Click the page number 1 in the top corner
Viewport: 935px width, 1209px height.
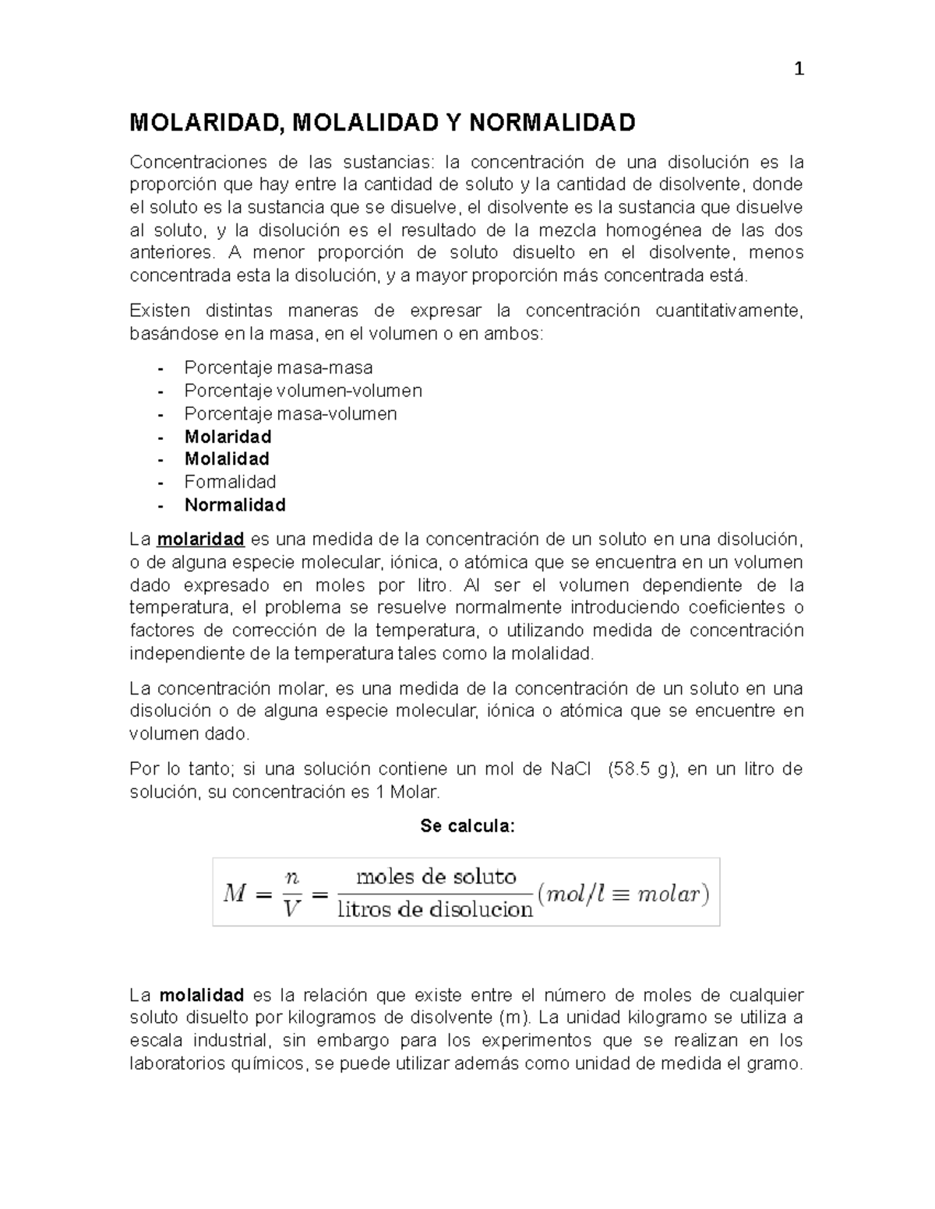point(798,69)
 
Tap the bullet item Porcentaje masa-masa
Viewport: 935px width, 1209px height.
point(278,367)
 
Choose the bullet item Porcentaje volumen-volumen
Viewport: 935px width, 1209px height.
point(303,390)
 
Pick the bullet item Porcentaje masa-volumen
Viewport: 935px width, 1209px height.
point(291,413)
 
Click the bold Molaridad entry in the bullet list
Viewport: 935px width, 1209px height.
point(228,436)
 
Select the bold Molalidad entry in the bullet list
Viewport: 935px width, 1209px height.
point(227,459)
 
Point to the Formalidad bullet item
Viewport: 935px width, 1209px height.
point(230,482)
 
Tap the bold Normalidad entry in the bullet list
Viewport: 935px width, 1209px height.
point(235,504)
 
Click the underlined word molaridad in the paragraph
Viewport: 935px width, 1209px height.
point(201,539)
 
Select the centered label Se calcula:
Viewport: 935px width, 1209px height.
point(467,826)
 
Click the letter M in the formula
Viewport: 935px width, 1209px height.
point(235,893)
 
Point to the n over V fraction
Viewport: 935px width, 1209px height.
point(292,892)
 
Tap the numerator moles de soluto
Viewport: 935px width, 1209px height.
point(436,877)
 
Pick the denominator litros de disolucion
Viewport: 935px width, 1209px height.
point(435,909)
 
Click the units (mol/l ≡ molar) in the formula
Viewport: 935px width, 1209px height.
point(623,893)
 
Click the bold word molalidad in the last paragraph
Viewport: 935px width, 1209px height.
point(202,995)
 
